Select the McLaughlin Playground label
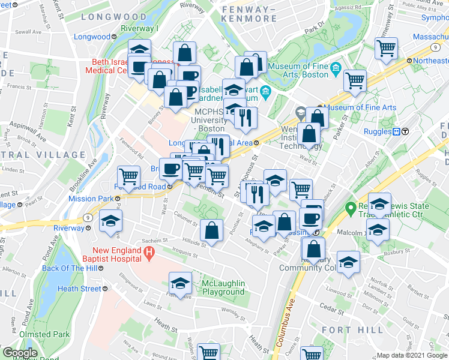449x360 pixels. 215,287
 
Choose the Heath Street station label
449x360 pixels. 80,289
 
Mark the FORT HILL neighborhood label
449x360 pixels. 352,329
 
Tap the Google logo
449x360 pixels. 20,353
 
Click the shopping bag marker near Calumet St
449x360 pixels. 211,230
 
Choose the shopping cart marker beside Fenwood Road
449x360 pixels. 128,176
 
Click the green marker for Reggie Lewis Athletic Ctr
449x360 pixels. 351,209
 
